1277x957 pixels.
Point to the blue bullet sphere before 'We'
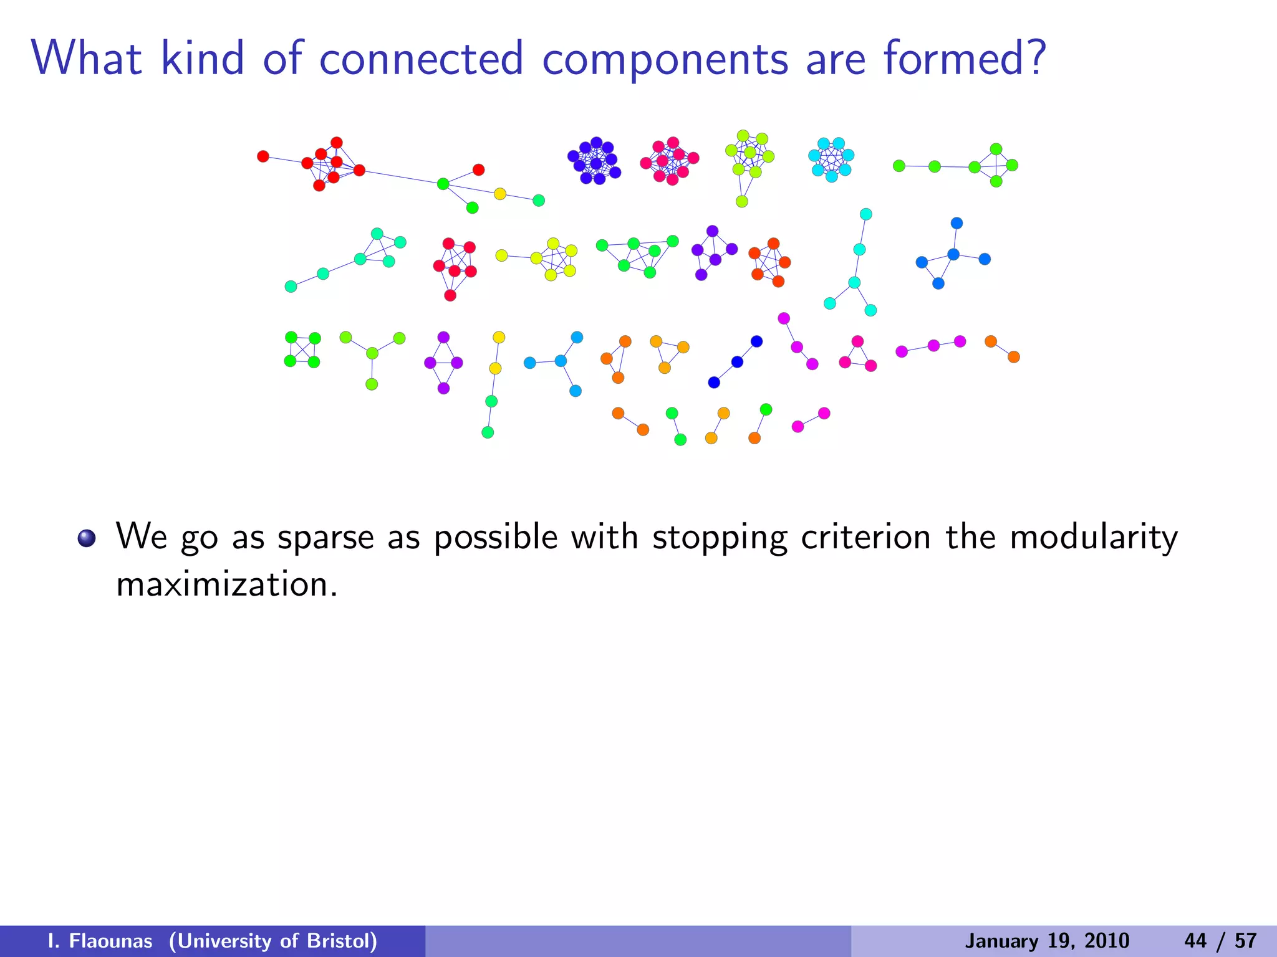coord(87,538)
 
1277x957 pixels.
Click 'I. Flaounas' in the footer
coord(100,941)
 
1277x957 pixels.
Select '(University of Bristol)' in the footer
coord(273,941)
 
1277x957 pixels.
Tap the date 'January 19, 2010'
coord(1047,941)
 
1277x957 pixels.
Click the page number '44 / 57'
coord(1220,941)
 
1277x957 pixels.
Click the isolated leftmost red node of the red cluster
coord(263,156)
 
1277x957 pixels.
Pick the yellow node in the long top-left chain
coord(500,194)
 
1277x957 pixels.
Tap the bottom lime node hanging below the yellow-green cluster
coord(742,201)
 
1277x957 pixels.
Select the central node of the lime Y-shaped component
coord(372,353)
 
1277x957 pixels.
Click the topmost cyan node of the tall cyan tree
coord(866,214)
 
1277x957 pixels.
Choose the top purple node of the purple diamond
coord(443,337)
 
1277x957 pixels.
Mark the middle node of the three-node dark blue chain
coord(737,362)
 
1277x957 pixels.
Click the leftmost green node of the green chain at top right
coord(899,166)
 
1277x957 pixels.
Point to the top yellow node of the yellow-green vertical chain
coord(499,337)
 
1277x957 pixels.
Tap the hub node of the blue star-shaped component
coord(953,254)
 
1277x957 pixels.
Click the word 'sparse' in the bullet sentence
coord(325,537)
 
